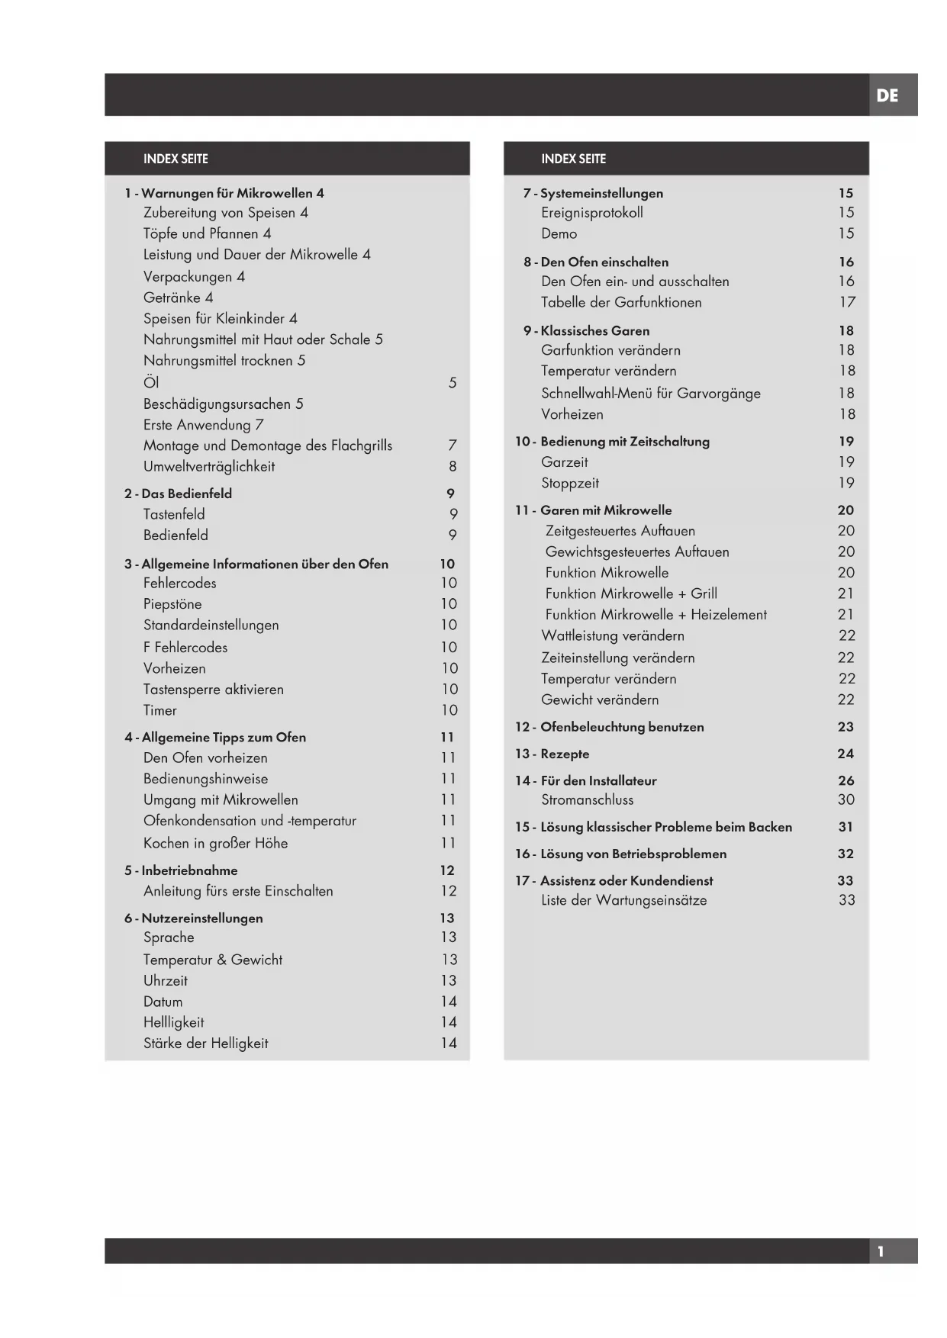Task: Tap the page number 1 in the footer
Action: pyautogui.click(x=881, y=1251)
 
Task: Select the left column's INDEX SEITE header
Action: pyautogui.click(x=176, y=159)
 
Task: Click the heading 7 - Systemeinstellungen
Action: pyautogui.click(x=593, y=193)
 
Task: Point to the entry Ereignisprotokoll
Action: pyautogui.click(x=591, y=213)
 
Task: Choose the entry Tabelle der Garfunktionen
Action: pyautogui.click(x=621, y=302)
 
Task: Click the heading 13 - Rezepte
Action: pyautogui.click(x=552, y=754)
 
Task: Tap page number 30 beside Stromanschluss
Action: pyautogui.click(x=846, y=799)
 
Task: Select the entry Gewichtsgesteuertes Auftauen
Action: pyautogui.click(x=636, y=552)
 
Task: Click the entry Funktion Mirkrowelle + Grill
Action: pyautogui.click(x=630, y=593)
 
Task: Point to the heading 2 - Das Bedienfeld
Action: pyautogui.click(x=178, y=494)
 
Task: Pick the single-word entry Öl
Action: pyautogui.click(x=151, y=382)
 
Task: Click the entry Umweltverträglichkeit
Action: pyautogui.click(x=209, y=466)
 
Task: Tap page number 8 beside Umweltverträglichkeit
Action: pyautogui.click(x=453, y=466)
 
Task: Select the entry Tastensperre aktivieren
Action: pyautogui.click(x=214, y=689)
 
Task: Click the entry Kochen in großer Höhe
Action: pyautogui.click(x=215, y=843)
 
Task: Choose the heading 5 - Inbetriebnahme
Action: pyautogui.click(x=181, y=870)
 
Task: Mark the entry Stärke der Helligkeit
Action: pyautogui.click(x=206, y=1043)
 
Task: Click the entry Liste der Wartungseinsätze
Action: pyautogui.click(x=623, y=900)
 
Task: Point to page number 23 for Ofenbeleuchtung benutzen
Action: pyautogui.click(x=846, y=727)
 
